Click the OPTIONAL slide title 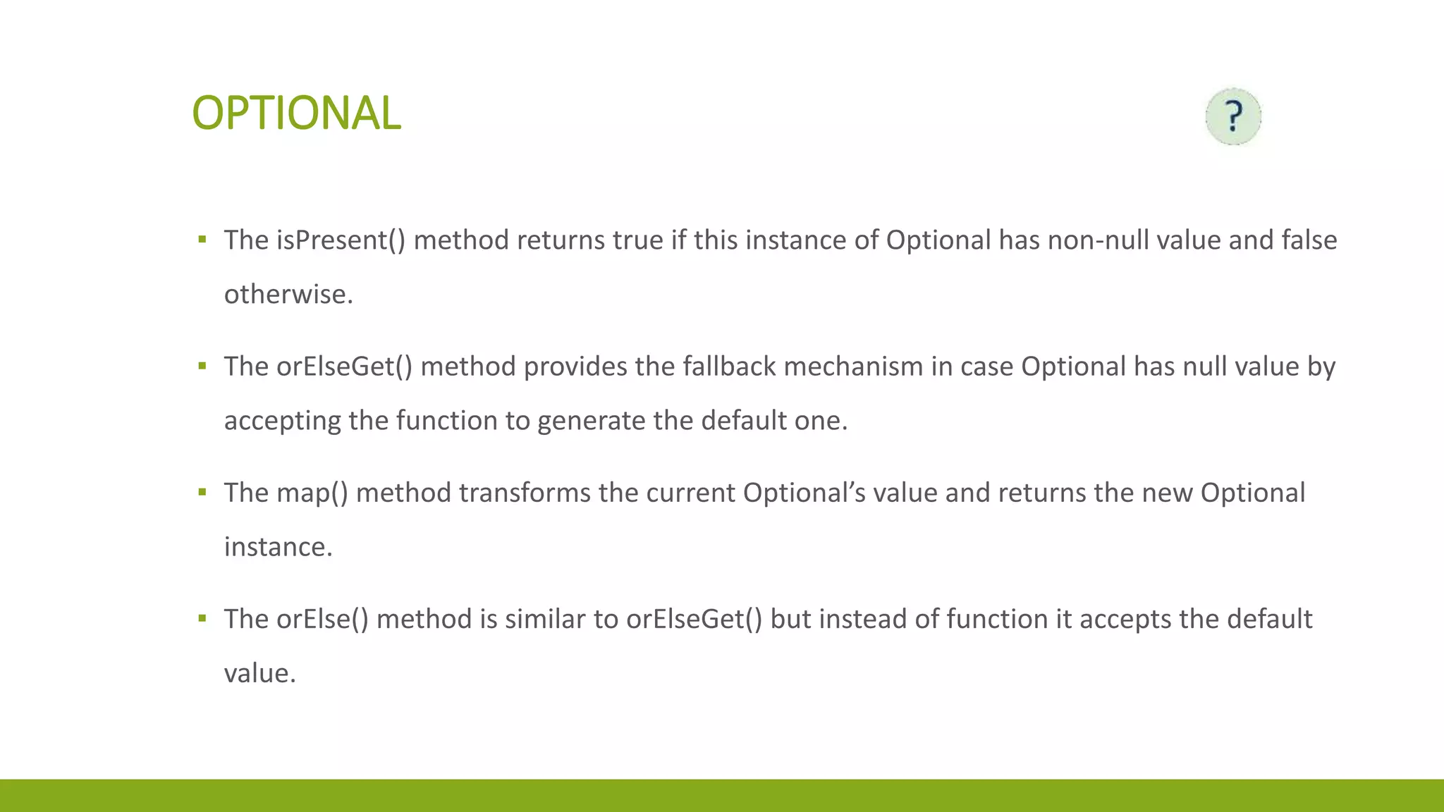[296, 113]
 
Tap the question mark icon [1232, 116]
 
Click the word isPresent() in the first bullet [341, 241]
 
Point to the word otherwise [288, 295]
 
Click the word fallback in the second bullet [729, 367]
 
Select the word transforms [525, 493]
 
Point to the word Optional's [804, 493]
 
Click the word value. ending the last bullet [259, 674]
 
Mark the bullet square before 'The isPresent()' [202, 240]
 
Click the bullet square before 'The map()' [202, 492]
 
